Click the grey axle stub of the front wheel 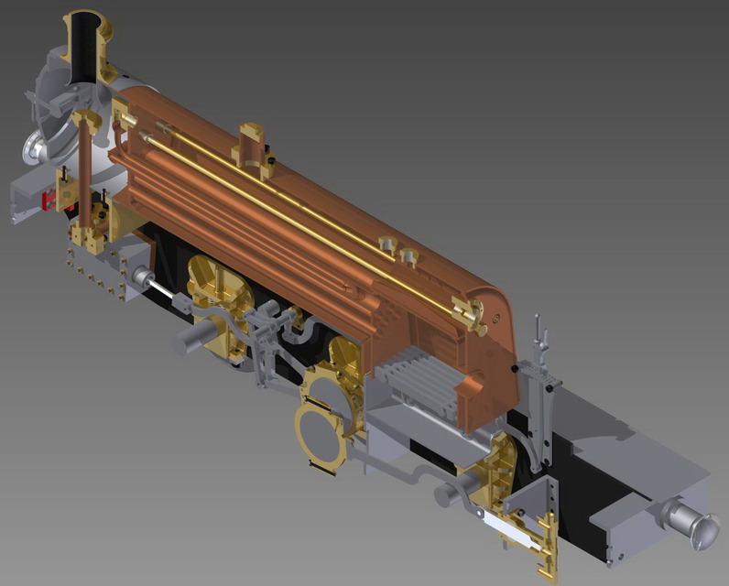[x=192, y=340]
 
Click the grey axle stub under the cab [x=452, y=494]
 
